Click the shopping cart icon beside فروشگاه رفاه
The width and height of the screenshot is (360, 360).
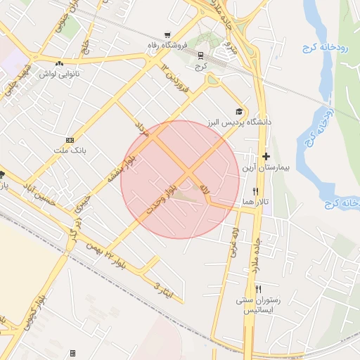167,35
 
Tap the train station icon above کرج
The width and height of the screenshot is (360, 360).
201,55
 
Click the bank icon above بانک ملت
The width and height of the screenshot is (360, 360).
69,140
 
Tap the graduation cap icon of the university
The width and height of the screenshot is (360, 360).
239,112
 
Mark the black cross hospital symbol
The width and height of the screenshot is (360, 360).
266,157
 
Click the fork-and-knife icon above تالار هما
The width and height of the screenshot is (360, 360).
255,191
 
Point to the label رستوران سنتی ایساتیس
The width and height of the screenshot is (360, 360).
259,304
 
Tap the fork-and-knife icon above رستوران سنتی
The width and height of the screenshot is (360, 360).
259,289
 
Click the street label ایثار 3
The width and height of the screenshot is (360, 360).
162,287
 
